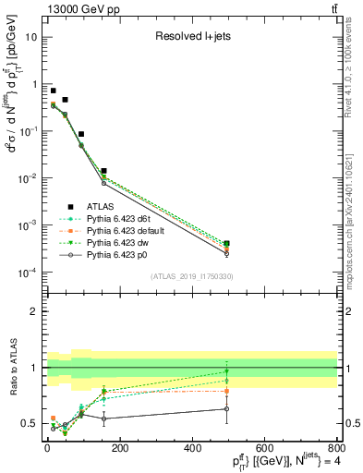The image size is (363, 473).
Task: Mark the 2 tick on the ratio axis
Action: (x=35, y=311)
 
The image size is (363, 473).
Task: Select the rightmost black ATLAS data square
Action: (x=226, y=244)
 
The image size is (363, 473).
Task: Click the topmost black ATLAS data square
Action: (x=54, y=91)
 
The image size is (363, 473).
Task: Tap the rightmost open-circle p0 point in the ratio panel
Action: (x=226, y=408)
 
